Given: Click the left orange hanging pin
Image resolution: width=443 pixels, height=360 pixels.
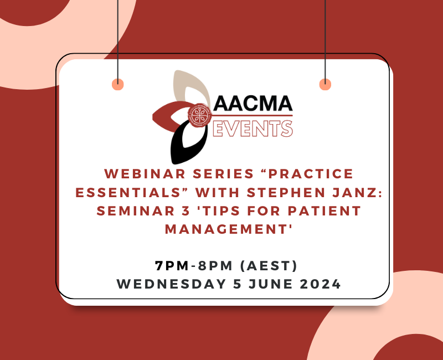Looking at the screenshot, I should (x=117, y=84).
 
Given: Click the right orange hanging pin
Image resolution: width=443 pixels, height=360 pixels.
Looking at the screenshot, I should (x=325, y=84).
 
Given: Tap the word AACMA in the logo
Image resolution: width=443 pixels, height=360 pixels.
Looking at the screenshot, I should (x=253, y=104).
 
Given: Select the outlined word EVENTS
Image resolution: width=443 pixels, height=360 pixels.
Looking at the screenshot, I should (x=253, y=128).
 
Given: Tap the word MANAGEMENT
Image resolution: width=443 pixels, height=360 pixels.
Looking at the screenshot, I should (x=221, y=229).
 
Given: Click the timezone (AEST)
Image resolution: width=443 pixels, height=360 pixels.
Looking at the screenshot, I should (x=267, y=266).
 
